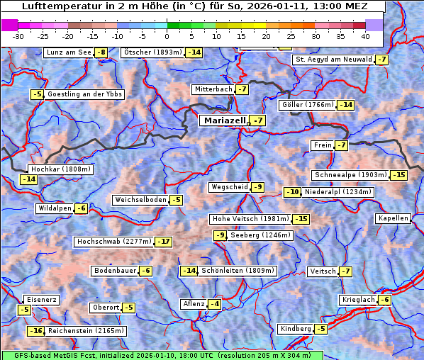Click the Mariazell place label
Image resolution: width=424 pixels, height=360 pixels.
tap(224, 120)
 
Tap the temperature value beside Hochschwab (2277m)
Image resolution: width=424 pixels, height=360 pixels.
tap(164, 242)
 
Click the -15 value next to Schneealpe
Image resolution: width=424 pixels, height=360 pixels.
tap(399, 175)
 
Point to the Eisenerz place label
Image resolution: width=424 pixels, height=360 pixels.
tap(41, 300)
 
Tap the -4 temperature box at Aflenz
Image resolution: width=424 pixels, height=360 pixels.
tap(213, 304)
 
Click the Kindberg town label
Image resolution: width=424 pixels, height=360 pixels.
tap(296, 329)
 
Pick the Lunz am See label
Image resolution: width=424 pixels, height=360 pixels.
tap(69, 52)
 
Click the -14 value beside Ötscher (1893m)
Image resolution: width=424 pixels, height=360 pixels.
tap(194, 52)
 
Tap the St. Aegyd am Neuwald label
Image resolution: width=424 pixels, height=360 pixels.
tap(333, 60)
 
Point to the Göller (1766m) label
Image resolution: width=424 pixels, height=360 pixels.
tap(307, 105)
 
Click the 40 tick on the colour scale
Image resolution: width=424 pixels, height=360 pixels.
tap(365, 35)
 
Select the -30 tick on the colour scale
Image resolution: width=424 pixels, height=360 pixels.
tap(18, 35)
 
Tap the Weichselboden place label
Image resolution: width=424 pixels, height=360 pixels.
tap(141, 200)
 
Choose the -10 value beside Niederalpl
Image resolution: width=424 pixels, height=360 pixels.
tap(293, 192)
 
